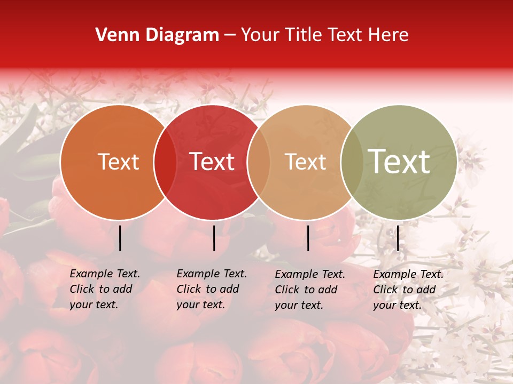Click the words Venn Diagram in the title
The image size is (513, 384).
tap(157, 35)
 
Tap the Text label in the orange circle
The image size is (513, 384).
tap(118, 162)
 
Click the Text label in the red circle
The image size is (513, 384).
tap(212, 162)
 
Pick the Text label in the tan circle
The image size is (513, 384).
tap(305, 162)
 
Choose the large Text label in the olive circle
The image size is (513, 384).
tap(399, 161)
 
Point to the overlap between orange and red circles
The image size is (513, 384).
tap(165, 162)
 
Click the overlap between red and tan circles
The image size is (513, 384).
tap(259, 162)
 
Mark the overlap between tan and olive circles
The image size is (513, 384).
tap(352, 162)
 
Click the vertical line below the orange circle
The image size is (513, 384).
tap(120, 238)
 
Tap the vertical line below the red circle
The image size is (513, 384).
tap(214, 238)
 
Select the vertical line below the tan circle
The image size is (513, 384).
tap(308, 238)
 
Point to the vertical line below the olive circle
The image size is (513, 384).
tap(398, 238)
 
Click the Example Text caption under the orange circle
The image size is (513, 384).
tap(105, 289)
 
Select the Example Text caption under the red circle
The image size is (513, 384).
tap(212, 289)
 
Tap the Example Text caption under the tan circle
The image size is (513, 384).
tap(310, 290)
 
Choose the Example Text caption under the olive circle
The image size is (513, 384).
tap(408, 290)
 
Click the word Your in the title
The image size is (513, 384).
tap(260, 35)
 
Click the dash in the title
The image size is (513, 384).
tap(230, 36)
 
